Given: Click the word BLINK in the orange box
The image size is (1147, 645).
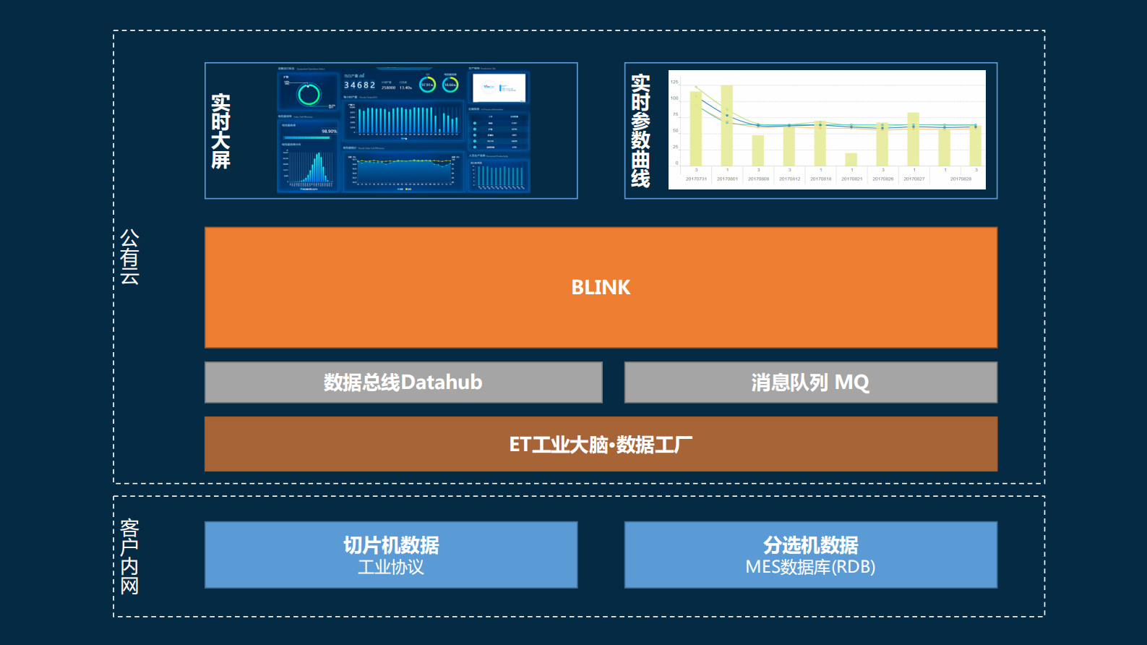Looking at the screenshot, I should click(601, 288).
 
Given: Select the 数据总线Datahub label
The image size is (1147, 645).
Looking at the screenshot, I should click(403, 382).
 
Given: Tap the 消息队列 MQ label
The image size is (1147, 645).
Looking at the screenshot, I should click(810, 382).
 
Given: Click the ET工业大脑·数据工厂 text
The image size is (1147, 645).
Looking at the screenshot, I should click(601, 444).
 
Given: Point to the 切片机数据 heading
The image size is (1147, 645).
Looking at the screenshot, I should click(391, 544).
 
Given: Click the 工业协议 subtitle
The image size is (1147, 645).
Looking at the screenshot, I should click(391, 567).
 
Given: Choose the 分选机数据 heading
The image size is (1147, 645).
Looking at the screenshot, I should click(810, 544).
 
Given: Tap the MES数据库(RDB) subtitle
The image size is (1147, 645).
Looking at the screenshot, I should click(810, 567).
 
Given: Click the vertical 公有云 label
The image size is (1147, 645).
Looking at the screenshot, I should click(129, 257).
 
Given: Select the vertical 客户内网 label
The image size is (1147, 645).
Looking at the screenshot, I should click(129, 557).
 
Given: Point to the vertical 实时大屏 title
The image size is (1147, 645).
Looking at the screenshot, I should click(220, 131).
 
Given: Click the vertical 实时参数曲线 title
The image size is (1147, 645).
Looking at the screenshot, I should click(640, 131).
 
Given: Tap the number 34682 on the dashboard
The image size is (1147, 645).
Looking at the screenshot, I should click(359, 85).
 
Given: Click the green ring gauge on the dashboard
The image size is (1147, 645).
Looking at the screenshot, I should click(309, 94).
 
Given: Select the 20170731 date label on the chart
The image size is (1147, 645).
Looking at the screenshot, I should click(696, 179).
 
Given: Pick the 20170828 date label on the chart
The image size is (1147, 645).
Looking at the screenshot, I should click(961, 179).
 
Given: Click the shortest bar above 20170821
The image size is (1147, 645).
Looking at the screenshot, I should click(851, 160).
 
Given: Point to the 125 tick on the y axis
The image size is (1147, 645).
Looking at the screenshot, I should click(674, 82).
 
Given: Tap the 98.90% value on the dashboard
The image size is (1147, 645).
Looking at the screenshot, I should click(329, 132).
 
